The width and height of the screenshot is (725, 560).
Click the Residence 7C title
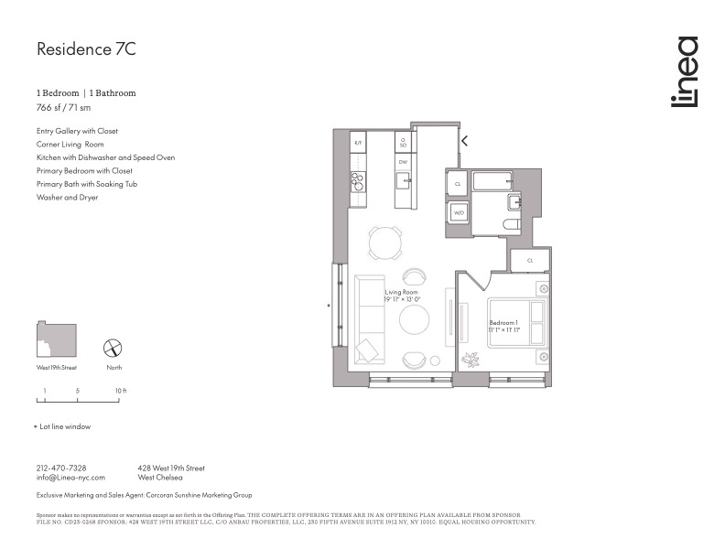pyautogui.click(x=86, y=49)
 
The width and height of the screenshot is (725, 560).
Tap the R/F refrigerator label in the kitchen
pyautogui.click(x=358, y=144)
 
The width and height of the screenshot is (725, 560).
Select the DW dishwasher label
pyautogui.click(x=402, y=161)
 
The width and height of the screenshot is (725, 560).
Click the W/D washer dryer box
pyautogui.click(x=458, y=213)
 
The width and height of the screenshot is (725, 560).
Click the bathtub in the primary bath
pyautogui.click(x=495, y=179)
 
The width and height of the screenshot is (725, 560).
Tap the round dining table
pyautogui.click(x=384, y=242)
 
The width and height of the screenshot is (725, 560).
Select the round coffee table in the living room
pyautogui.click(x=414, y=319)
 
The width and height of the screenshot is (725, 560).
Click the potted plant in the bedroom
pyautogui.click(x=472, y=359)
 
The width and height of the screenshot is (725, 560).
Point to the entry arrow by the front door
pyautogui.click(x=464, y=141)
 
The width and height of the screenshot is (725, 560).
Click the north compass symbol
pyautogui.click(x=113, y=348)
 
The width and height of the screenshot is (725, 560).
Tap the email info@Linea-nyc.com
pyautogui.click(x=70, y=478)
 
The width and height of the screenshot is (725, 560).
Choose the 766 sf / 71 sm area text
pyautogui.click(x=63, y=107)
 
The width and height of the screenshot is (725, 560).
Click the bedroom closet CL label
pyautogui.click(x=530, y=261)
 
